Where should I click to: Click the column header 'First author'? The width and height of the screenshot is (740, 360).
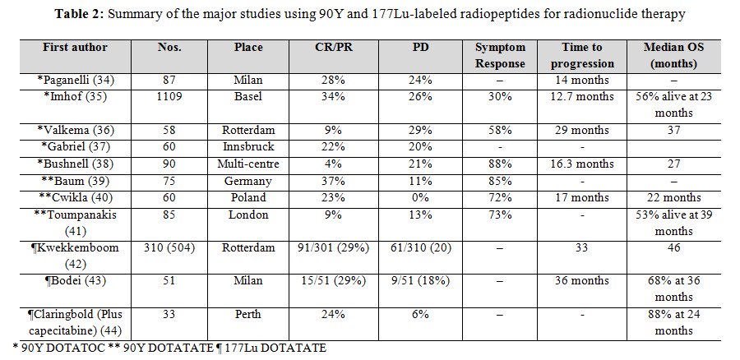pyautogui.click(x=75, y=47)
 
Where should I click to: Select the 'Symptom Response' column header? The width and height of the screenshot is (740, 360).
pyautogui.click(x=500, y=55)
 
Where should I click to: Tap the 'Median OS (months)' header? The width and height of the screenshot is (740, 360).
pyautogui.click(x=673, y=55)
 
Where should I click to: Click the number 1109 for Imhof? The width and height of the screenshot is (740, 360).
pyautogui.click(x=169, y=97)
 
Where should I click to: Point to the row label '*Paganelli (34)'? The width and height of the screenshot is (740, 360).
pyautogui.click(x=75, y=81)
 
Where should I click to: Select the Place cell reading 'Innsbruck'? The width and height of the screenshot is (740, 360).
pyautogui.click(x=248, y=147)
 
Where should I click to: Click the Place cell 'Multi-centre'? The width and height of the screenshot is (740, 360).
pyautogui.click(x=248, y=164)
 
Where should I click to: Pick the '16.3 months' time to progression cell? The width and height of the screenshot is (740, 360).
pyautogui.click(x=582, y=164)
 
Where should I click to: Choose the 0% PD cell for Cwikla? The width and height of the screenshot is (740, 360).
pyautogui.click(x=420, y=198)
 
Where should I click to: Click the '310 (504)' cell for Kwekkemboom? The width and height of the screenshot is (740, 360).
pyautogui.click(x=169, y=247)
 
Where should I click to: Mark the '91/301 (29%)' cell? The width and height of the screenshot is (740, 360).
pyautogui.click(x=333, y=247)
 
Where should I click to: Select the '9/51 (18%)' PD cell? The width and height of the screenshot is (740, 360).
pyautogui.click(x=420, y=281)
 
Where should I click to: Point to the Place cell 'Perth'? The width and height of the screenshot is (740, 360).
pyautogui.click(x=248, y=314)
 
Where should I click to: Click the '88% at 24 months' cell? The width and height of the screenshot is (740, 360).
pyautogui.click(x=673, y=322)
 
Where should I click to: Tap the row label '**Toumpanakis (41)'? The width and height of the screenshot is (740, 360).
pyautogui.click(x=75, y=223)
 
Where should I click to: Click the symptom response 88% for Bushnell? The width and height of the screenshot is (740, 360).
pyautogui.click(x=500, y=164)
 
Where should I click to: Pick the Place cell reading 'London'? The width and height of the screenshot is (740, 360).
pyautogui.click(x=248, y=215)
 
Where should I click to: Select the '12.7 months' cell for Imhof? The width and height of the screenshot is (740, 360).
pyautogui.click(x=582, y=97)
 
